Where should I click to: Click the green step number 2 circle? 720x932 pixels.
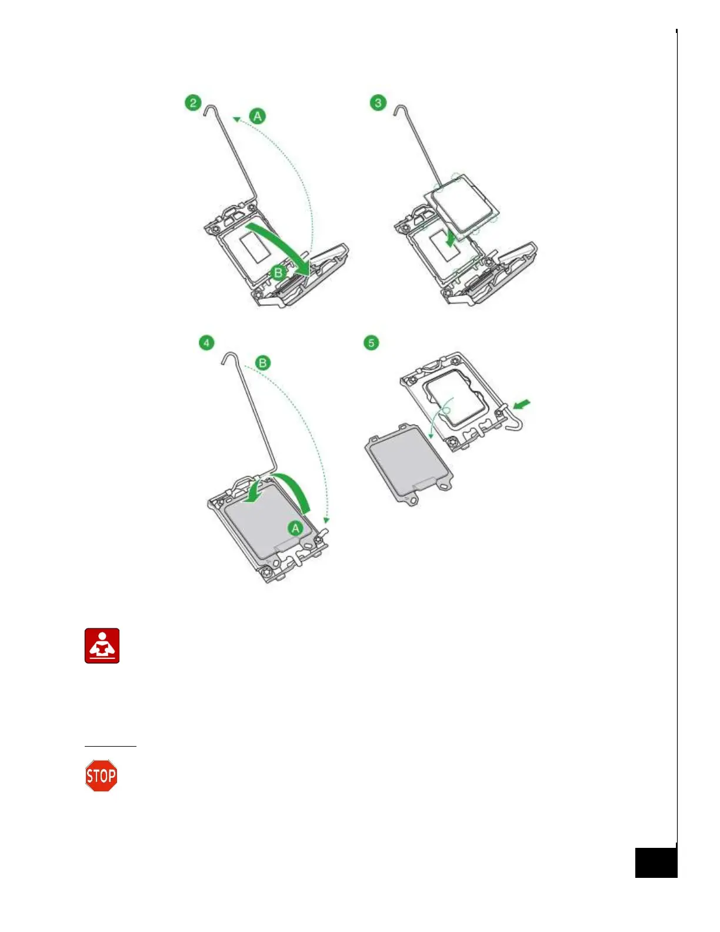tap(193, 103)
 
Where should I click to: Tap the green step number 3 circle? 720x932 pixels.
tap(378, 103)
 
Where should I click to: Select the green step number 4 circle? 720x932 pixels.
tap(206, 342)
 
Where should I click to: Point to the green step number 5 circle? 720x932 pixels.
tap(371, 342)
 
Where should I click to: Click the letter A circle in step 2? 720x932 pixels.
tap(257, 116)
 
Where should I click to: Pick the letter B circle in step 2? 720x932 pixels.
tap(278, 272)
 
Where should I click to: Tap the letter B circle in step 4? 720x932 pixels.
tap(262, 362)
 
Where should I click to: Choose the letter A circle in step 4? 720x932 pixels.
tap(295, 528)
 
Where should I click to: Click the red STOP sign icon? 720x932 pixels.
tap(101, 776)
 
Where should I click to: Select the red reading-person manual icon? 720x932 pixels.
tap(102, 646)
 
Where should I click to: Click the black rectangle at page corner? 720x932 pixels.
tap(656, 863)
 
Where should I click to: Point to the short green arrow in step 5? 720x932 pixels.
tap(522, 404)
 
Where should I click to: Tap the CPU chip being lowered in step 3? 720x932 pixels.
tap(465, 203)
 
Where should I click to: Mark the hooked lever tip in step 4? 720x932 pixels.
tap(229, 357)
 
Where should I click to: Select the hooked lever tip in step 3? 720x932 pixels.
tap(400, 109)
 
